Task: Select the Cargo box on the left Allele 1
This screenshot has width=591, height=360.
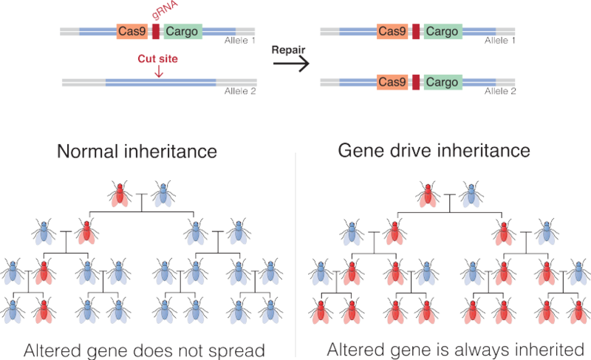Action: (181, 32)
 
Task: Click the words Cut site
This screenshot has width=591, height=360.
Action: (157, 56)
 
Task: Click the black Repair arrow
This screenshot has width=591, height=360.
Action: (288, 64)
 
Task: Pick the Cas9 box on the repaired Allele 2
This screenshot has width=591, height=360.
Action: (392, 80)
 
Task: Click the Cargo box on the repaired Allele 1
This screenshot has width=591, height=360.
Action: (443, 32)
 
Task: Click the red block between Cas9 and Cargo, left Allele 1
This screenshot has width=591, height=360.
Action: (157, 32)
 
